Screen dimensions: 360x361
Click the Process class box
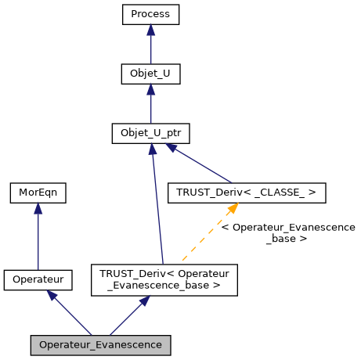coord(150,14)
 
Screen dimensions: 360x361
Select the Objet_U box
coord(150,74)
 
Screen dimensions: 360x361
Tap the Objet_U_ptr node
coord(150,133)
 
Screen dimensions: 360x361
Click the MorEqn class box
coord(38,192)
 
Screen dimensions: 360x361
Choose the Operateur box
coord(38,279)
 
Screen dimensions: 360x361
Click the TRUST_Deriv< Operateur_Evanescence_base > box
coord(164,279)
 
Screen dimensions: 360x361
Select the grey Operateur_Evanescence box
coord(100,344)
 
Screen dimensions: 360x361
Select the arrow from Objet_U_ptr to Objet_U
coord(150,105)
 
